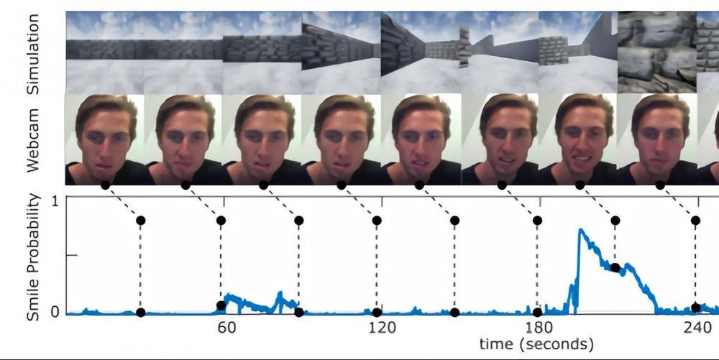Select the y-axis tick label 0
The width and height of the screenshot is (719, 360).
pyautogui.click(x=55, y=313)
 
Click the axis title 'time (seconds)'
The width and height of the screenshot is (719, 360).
pyautogui.click(x=536, y=345)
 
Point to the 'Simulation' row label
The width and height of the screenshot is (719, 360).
pyautogui.click(x=33, y=52)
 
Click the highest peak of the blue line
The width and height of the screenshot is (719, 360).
pyautogui.click(x=580, y=230)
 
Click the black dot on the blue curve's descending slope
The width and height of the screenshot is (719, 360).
pyautogui.click(x=615, y=267)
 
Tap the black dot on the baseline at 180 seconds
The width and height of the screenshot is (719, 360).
pyautogui.click(x=537, y=313)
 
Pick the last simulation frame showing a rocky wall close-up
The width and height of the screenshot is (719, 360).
pyautogui.click(x=654, y=52)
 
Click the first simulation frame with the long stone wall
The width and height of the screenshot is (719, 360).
pyautogui.click(x=105, y=52)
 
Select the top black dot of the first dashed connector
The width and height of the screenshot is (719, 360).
pyautogui.click(x=140, y=219)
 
